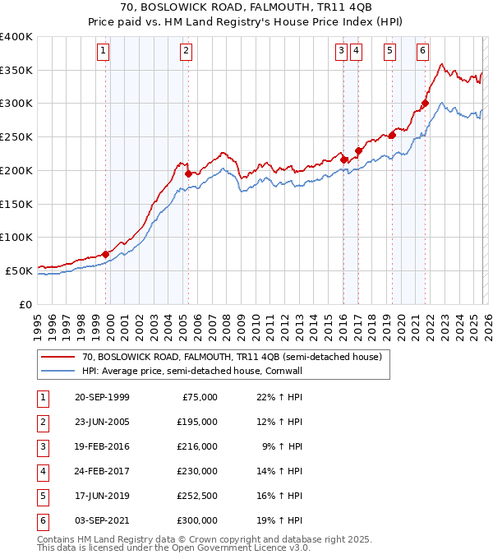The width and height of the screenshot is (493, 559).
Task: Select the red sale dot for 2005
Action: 189,173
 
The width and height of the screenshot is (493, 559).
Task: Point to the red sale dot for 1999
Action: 106,254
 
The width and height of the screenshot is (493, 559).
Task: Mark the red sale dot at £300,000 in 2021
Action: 425,104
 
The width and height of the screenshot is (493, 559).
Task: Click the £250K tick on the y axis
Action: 16,137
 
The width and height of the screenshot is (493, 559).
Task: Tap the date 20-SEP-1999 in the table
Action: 101,397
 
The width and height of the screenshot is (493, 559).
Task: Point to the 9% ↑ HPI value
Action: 282,446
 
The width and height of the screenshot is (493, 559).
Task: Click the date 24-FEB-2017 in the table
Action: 101,471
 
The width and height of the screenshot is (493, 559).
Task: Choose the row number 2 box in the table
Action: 41,422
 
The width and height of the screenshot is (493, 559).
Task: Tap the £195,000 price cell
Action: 198,422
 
